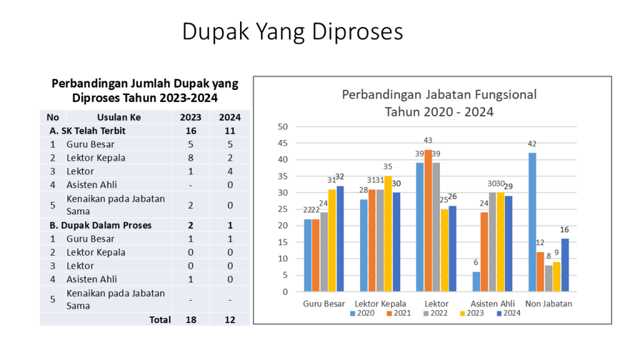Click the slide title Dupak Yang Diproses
point(292,31)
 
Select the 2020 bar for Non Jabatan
point(532,222)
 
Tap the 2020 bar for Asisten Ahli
point(476,281)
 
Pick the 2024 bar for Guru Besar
point(340,239)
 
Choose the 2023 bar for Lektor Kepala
point(388,234)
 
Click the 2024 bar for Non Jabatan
point(564,265)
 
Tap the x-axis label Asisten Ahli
point(492,304)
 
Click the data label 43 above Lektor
point(428,141)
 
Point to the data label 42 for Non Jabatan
point(532,144)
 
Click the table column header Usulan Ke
point(119,117)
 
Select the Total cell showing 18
point(191,319)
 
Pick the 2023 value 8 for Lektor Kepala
point(191,157)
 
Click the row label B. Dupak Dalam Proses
point(101,225)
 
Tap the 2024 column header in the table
point(229,117)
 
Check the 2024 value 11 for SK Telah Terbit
point(229,131)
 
